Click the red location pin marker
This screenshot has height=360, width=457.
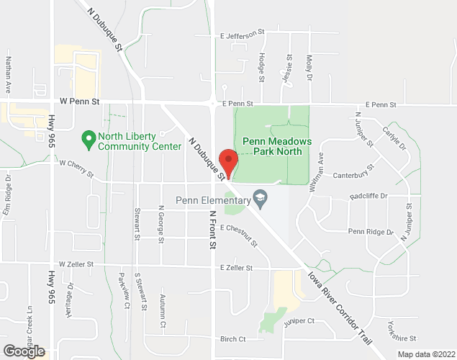click(x=228, y=163)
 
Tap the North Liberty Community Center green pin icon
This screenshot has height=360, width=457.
click(x=89, y=137)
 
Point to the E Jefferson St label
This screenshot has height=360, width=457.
click(x=243, y=35)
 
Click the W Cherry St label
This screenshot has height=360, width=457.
click(x=77, y=163)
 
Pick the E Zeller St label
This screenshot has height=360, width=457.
click(x=237, y=268)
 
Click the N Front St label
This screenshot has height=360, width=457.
click(x=212, y=230)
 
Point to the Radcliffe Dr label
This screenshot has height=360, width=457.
click(x=368, y=196)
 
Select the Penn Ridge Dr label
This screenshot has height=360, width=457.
click(x=371, y=232)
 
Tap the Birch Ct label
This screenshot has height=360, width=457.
click(x=233, y=339)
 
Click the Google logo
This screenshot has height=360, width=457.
click(x=23, y=352)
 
